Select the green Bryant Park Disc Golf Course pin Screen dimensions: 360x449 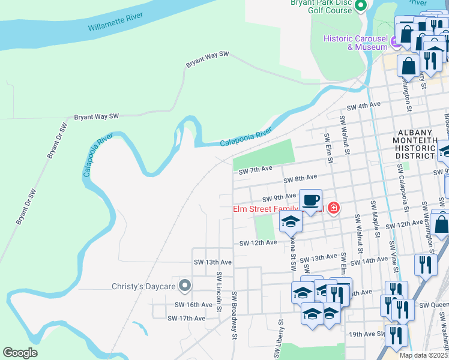point(361,6)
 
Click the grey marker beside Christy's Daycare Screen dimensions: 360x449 point(185,286)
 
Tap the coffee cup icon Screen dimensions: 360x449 point(310,200)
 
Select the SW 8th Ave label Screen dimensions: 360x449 point(300,178)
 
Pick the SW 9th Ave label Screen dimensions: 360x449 point(280,197)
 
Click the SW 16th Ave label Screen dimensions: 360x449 point(194,305)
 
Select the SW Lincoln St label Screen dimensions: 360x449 point(220,293)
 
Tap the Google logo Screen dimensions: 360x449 point(20,353)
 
